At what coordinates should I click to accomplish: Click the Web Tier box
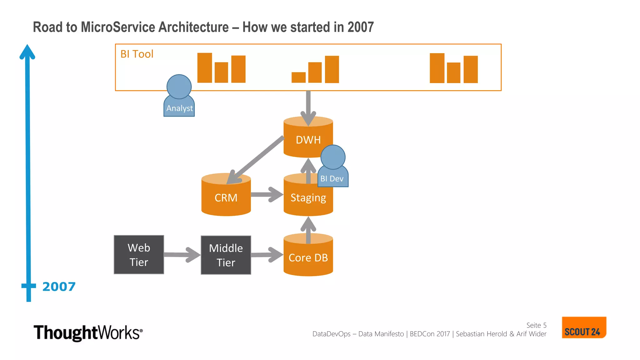[x=139, y=255]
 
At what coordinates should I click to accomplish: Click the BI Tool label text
[x=137, y=54]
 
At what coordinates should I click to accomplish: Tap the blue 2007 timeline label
[x=59, y=287]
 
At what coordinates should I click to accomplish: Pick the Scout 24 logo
[x=583, y=328]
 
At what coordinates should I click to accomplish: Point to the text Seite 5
[x=536, y=325]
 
